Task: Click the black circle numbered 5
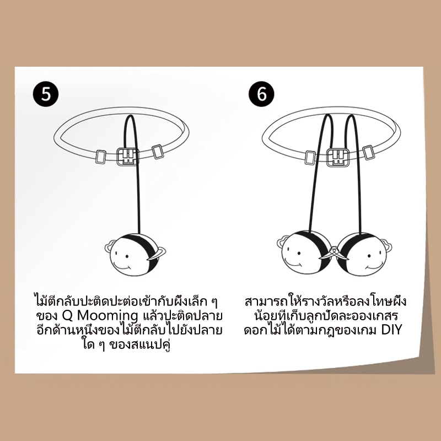click(x=46, y=93)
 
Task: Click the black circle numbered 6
click(x=261, y=94)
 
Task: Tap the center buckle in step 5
click(x=128, y=157)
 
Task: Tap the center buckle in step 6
click(x=338, y=157)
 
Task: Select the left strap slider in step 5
click(x=101, y=157)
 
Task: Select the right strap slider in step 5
click(x=157, y=152)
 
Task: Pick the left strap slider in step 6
click(x=310, y=158)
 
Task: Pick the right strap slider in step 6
click(x=368, y=153)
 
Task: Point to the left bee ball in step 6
click(x=305, y=252)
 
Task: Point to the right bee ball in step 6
click(x=362, y=252)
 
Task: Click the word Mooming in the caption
click(x=107, y=316)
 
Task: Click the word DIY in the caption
click(x=391, y=330)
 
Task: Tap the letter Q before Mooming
click(x=67, y=316)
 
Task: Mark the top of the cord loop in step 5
click(x=130, y=115)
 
